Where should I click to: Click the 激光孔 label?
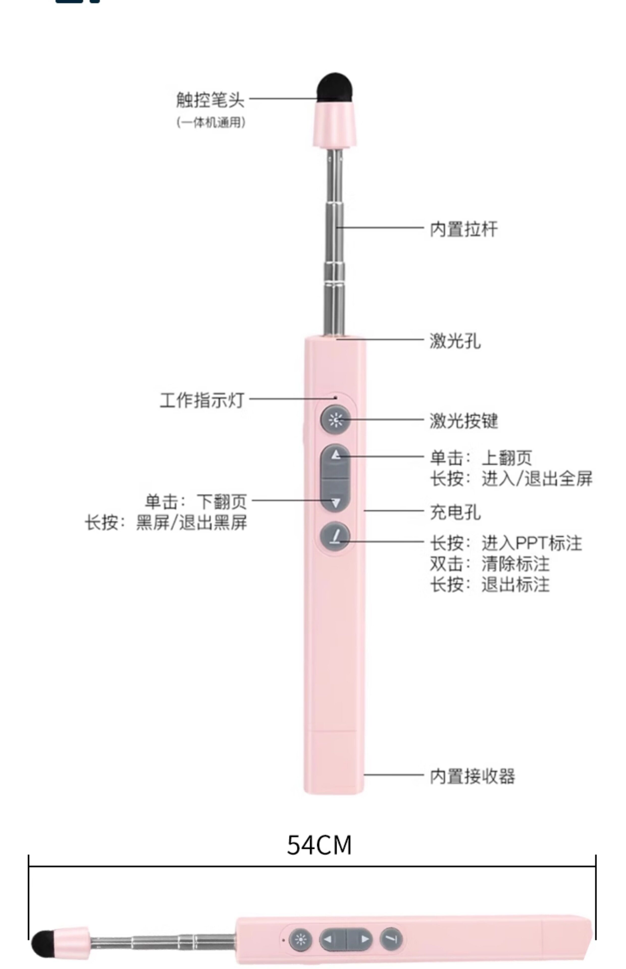point(455,340)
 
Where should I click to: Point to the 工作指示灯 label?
point(202,400)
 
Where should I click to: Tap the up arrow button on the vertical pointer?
point(335,455)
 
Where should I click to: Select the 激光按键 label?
point(464,421)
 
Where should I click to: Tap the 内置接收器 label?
point(472,776)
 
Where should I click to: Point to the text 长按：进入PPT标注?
point(506,543)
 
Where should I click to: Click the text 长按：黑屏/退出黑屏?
point(166,523)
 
